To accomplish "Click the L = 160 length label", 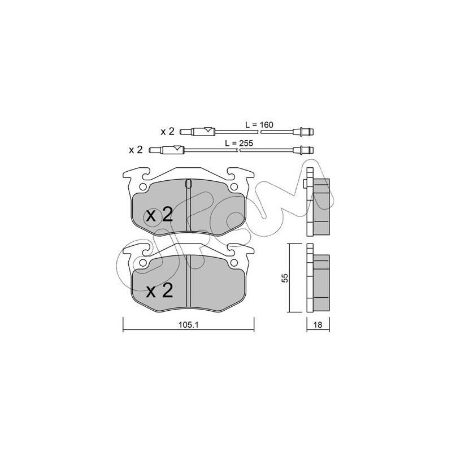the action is [x=259, y=125].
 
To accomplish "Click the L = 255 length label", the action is [x=238, y=144].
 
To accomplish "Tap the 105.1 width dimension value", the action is [x=189, y=325].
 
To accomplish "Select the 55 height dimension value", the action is [x=285, y=278].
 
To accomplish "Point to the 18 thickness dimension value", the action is [x=318, y=325].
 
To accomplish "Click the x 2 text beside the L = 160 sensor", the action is [x=167, y=132].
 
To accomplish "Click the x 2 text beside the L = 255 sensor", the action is [x=136, y=150].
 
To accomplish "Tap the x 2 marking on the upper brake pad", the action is [x=159, y=215].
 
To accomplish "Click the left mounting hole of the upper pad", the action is [x=143, y=187].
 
